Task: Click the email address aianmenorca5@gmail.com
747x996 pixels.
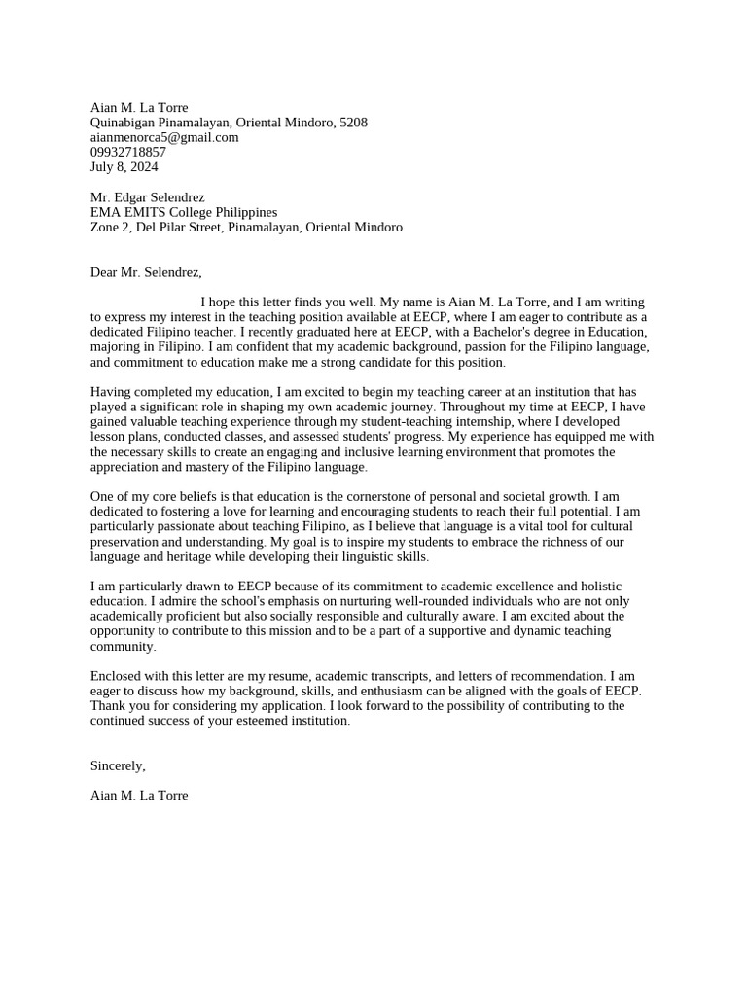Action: coord(164,137)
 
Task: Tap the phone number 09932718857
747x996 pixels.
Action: coord(128,152)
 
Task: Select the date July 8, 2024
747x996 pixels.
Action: coord(124,166)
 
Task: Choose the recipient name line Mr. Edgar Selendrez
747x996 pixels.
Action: coord(148,197)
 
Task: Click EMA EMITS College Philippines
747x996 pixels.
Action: coord(184,212)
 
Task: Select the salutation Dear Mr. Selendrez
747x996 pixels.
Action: coord(146,272)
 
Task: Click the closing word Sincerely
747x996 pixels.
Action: coord(117,765)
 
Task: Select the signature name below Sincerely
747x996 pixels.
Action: coord(139,795)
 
